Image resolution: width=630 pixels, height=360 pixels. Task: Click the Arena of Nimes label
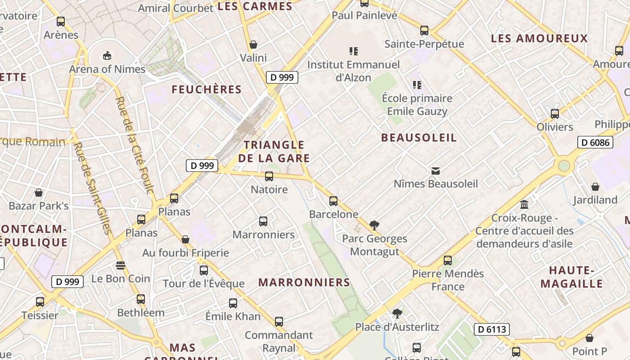point(107,69)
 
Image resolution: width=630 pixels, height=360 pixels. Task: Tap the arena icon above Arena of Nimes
point(107,56)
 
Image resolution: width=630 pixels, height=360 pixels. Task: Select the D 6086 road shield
point(596,143)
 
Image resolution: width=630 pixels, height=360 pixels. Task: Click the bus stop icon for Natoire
point(269,176)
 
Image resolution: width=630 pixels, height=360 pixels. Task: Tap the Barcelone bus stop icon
point(333,201)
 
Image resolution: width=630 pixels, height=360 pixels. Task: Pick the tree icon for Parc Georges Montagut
point(374,225)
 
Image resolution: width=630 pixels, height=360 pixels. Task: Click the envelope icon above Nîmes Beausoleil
point(436,171)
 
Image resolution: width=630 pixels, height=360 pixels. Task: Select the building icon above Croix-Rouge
point(524,205)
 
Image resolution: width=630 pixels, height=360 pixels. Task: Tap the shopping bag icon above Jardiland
point(595,187)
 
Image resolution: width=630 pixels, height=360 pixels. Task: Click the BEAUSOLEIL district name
point(419,138)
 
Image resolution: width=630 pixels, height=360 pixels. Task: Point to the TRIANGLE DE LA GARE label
point(274,152)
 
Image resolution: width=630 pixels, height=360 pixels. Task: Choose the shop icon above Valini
point(253,45)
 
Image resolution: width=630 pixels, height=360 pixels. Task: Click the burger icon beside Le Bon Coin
point(120,265)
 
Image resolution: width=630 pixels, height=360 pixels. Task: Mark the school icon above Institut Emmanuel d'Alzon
point(354,51)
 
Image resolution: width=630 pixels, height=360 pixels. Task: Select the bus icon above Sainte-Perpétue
point(424,31)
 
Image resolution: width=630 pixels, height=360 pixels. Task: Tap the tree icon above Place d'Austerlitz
point(397,313)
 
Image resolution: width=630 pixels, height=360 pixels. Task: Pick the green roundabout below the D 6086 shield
point(564,166)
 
